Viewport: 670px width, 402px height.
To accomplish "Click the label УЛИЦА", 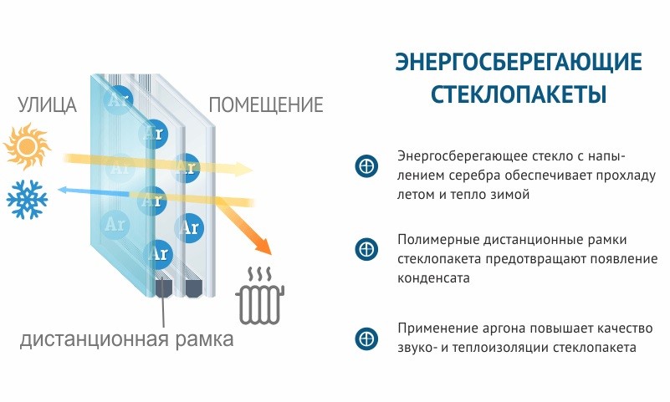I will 47,106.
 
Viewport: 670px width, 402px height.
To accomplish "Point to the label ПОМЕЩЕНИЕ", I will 265,106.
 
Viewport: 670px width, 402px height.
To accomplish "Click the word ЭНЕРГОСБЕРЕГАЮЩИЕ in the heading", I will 519,64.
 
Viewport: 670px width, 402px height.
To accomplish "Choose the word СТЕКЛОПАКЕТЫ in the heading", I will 519,94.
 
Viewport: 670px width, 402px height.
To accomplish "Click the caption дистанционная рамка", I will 126,340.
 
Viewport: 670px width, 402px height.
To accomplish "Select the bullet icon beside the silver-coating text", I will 366,165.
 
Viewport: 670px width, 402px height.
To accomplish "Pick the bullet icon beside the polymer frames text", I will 366,248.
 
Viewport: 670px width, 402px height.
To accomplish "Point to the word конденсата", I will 433,277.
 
